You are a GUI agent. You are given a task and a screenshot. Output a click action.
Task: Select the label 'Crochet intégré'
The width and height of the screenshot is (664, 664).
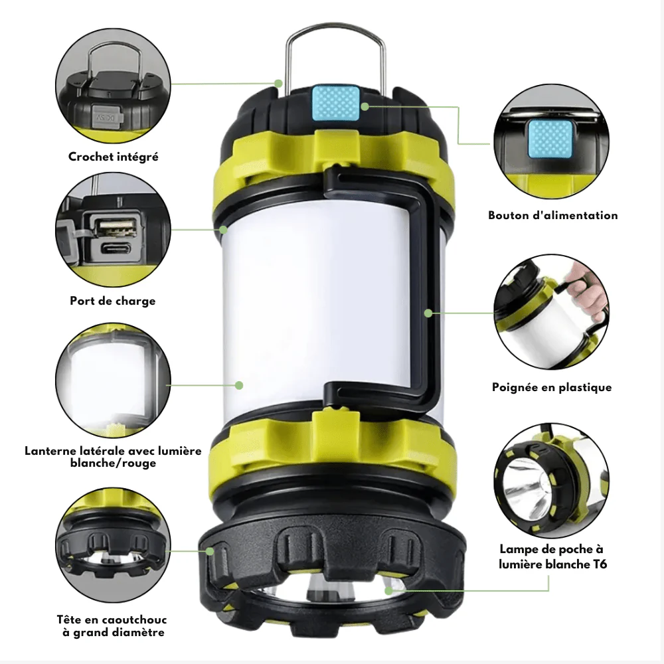point(114,157)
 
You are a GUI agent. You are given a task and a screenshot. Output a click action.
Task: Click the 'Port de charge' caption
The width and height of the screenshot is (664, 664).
point(113,301)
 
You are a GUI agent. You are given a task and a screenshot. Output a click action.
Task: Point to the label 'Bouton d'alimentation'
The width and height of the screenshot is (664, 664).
point(553,216)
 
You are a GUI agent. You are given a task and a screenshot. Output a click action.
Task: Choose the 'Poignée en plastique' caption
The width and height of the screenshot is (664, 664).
point(552,388)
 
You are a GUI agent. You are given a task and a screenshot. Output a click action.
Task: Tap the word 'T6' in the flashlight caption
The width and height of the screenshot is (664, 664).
point(599,564)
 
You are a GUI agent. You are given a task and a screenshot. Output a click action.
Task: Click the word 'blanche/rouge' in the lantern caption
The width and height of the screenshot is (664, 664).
point(113,463)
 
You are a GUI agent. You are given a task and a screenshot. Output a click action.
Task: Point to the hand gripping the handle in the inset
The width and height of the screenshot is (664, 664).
point(591,292)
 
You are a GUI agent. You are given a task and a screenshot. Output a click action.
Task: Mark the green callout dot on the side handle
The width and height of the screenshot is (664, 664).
point(428,313)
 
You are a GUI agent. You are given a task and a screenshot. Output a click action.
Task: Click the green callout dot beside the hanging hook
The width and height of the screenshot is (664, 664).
point(278,84)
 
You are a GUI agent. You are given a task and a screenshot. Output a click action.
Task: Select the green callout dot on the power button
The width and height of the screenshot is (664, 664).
point(365,107)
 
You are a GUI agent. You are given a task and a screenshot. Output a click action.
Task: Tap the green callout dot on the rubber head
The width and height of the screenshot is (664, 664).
point(210,551)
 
